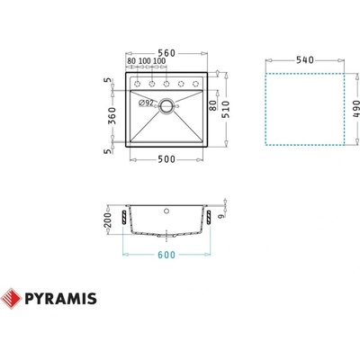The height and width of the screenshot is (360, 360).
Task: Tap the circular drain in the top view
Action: (x=167, y=105)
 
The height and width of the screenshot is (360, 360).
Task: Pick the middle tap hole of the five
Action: (x=169, y=83)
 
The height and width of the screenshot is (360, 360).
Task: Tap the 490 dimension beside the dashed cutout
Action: (x=356, y=110)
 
